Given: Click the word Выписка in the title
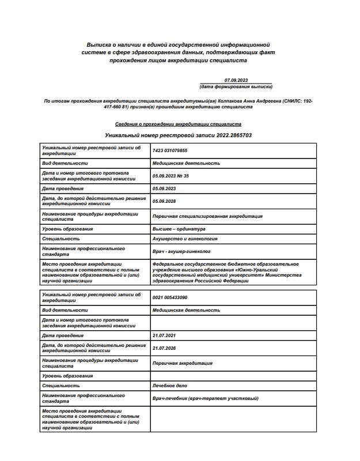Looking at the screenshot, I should (98, 44).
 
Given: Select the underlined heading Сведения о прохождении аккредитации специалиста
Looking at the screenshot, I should (178, 124).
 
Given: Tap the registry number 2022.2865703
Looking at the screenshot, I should (233, 135).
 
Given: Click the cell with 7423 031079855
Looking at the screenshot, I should (170, 150).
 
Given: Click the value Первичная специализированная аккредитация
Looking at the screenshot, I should (207, 216).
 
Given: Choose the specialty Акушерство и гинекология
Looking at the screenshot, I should (185, 239).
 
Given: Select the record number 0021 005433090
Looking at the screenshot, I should (170, 297).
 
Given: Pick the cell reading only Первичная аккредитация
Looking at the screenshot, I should (182, 363).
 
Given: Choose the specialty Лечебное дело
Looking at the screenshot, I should (169, 386).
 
